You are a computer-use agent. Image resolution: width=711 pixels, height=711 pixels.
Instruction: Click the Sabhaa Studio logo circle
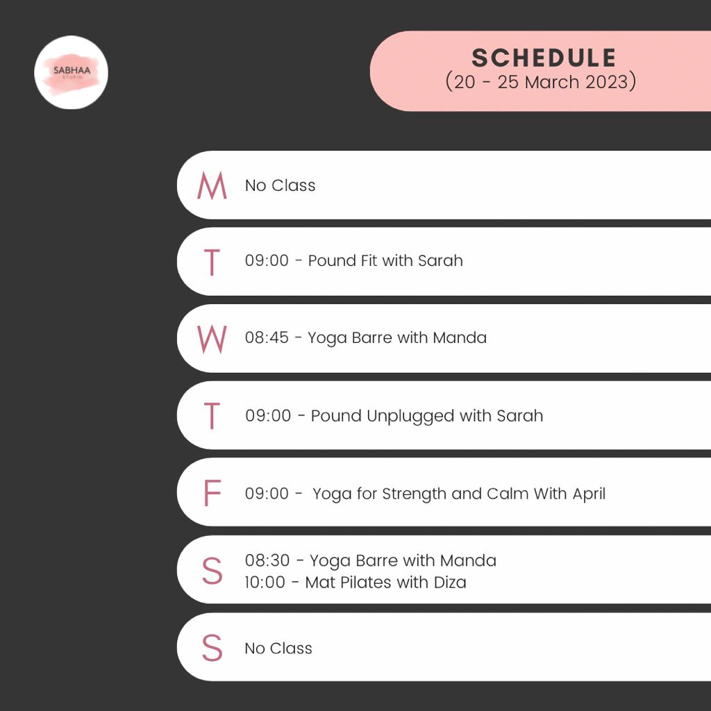point(72,72)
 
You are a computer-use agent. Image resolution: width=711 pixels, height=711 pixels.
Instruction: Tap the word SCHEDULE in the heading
point(544,58)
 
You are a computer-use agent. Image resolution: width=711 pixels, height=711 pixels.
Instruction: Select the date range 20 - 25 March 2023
point(541,82)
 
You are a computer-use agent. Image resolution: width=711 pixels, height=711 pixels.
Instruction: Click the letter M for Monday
point(212,185)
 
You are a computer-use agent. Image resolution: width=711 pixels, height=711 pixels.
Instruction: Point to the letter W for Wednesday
point(212,339)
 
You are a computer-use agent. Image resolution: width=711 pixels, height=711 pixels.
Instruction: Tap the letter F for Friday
point(212,493)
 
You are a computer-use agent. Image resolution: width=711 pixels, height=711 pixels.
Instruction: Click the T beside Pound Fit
point(212,262)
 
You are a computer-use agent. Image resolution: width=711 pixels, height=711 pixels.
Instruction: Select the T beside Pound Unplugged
point(212,415)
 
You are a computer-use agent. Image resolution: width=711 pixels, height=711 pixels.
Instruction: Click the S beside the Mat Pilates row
point(212,571)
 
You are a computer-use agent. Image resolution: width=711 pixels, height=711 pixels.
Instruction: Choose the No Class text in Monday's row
point(281,185)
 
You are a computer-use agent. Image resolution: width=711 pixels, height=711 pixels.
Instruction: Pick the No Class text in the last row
point(278,649)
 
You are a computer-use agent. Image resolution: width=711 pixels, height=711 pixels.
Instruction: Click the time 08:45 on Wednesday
point(267,338)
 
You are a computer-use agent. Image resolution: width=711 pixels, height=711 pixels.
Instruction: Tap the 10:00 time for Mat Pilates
point(265,583)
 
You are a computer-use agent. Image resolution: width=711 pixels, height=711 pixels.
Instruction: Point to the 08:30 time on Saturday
point(267,560)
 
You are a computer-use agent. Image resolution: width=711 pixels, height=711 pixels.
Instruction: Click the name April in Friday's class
point(589,494)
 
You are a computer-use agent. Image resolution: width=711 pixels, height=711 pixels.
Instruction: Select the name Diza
point(450,583)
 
